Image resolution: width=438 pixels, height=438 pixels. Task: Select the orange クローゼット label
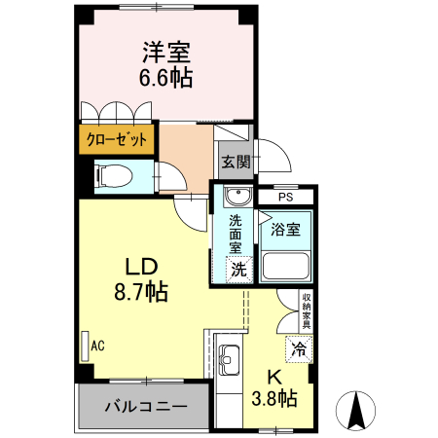click(x=116, y=139)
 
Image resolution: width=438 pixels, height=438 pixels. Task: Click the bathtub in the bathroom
click(x=286, y=266)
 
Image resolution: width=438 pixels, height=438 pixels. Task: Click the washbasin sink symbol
click(x=236, y=199)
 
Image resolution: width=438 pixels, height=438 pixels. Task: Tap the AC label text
click(x=97, y=345)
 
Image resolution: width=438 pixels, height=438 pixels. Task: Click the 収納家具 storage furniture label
click(x=306, y=310)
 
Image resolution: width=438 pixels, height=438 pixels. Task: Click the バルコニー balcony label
click(x=140, y=406)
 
